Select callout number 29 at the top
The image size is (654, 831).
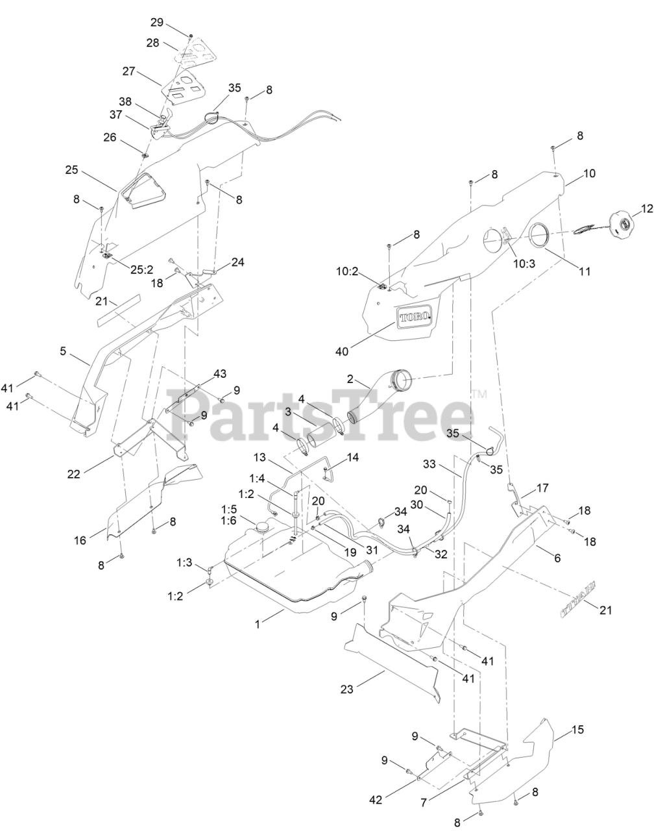pos(156,22)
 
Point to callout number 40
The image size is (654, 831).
pos(342,351)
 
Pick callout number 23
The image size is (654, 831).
pos(347,689)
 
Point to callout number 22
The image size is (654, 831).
pos(73,475)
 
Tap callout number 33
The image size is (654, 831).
pos(446,465)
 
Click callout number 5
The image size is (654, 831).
pos(63,351)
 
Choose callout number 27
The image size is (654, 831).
pos(128,71)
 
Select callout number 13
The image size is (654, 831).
pos(260,458)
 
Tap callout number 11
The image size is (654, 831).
pos(585,272)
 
